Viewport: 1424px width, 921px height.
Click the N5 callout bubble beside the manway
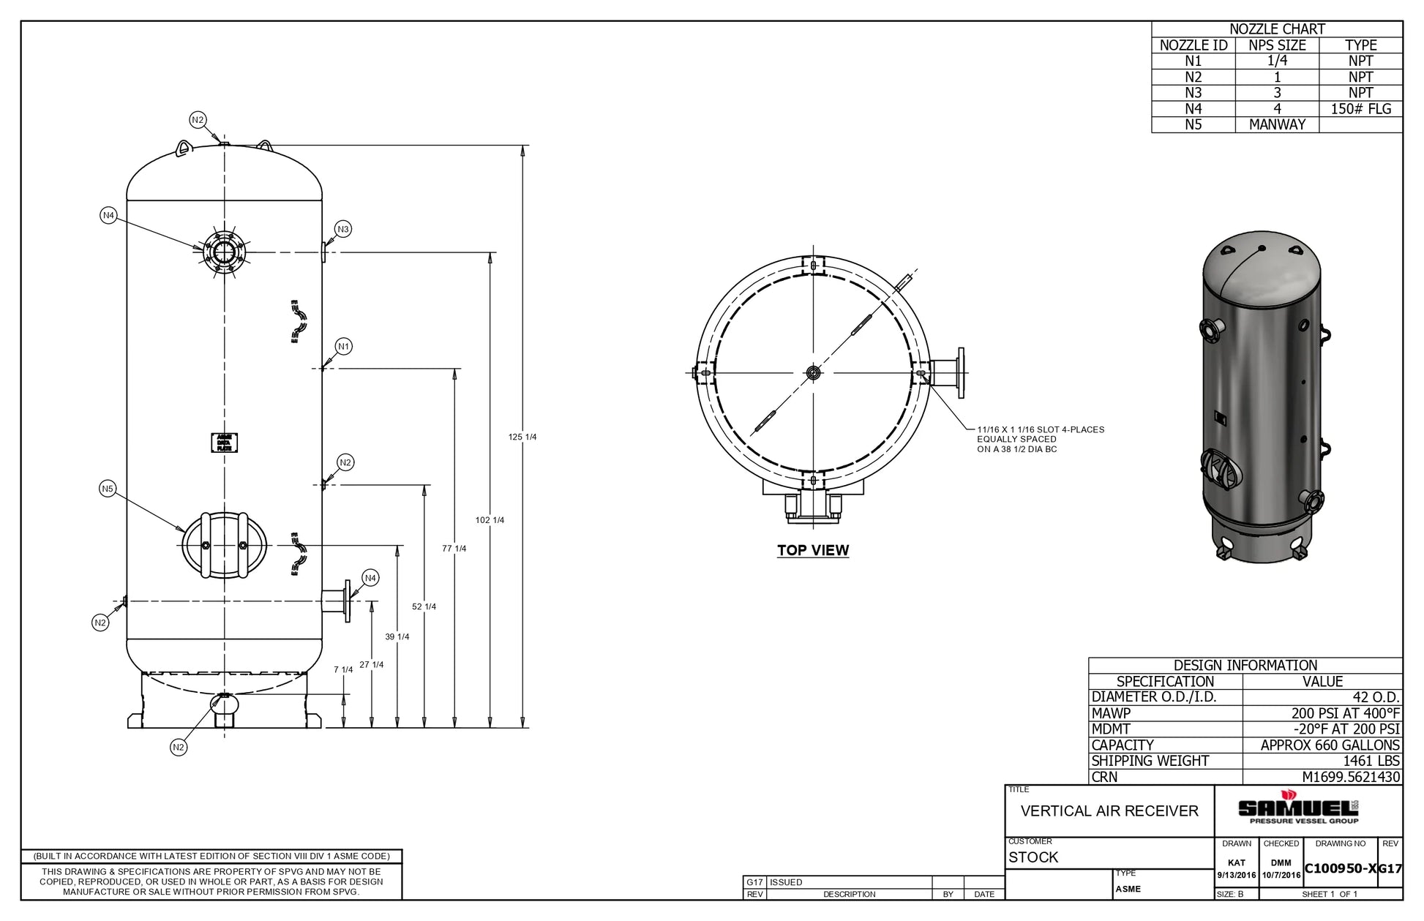click(108, 489)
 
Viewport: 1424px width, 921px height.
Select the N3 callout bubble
click(343, 229)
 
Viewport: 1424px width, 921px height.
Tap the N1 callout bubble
click(343, 346)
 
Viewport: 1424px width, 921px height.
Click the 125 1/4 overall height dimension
click(522, 437)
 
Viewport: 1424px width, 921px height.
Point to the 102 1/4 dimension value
click(490, 520)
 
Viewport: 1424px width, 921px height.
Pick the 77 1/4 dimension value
click(454, 549)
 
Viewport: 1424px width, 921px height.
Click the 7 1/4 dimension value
click(343, 669)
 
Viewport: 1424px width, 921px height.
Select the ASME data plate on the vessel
click(224, 443)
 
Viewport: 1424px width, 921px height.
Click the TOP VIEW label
click(813, 550)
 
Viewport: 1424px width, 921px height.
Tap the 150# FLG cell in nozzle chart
click(1360, 109)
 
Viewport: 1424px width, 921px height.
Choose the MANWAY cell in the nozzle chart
click(1277, 124)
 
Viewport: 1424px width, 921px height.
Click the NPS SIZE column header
click(1277, 45)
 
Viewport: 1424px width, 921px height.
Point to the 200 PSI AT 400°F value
click(1345, 713)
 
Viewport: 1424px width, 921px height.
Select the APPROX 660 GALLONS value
click(1330, 745)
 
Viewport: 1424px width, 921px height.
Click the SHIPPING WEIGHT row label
click(1150, 761)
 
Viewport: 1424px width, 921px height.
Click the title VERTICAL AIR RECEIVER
click(1109, 811)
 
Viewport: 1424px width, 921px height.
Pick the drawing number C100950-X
click(1341, 868)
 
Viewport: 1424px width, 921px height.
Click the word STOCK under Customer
click(1033, 857)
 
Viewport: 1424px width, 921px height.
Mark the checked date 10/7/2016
click(1281, 875)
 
